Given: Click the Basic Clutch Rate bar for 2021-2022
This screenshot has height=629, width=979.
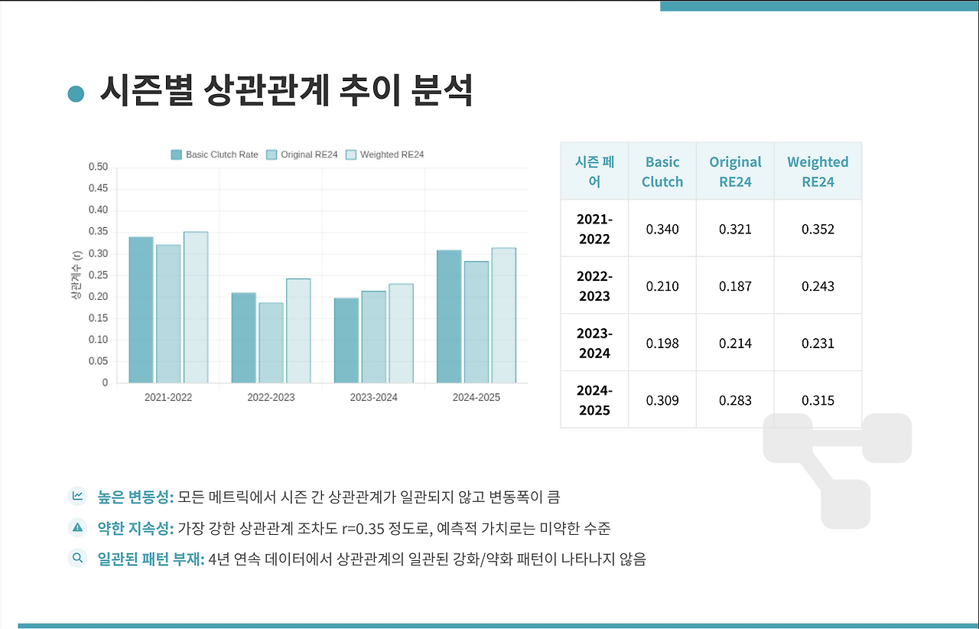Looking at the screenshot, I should point(141,310).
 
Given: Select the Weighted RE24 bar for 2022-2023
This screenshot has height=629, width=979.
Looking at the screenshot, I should point(298,331).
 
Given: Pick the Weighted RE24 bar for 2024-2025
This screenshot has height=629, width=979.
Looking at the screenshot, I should point(503,315).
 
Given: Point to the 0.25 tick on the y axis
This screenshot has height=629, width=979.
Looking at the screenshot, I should point(98,275).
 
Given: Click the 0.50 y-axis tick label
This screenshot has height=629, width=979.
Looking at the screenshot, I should point(98,167).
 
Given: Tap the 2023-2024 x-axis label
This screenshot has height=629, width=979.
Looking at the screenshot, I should point(373,398).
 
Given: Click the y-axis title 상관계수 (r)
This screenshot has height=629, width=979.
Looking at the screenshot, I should point(76,275).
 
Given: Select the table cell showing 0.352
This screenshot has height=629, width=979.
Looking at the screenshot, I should point(818,229).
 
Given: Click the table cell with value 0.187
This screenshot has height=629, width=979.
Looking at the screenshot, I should point(735,286).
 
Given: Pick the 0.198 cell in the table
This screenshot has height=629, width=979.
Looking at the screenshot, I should point(662,344).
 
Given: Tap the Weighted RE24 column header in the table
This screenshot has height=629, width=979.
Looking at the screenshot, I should point(818,171).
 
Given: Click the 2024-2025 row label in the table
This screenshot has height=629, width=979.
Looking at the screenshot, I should point(594,400).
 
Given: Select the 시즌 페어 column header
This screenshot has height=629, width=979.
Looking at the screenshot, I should point(594,171).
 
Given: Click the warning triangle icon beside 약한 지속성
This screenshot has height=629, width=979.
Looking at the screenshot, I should point(77,527).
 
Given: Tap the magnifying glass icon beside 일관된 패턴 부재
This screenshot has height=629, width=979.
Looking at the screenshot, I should point(77,558).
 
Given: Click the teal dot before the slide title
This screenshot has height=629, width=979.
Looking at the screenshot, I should point(76,93).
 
